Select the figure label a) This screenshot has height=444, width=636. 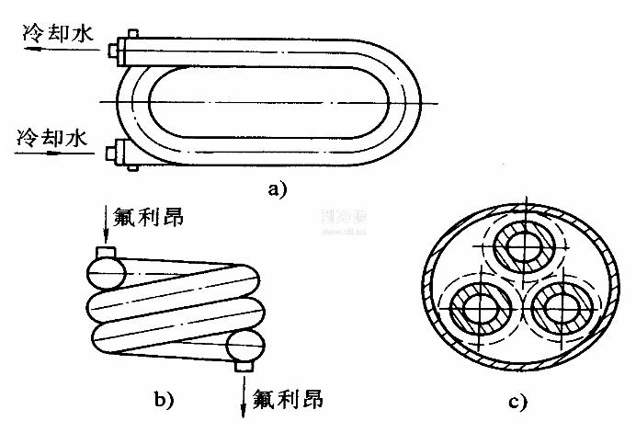[275, 190]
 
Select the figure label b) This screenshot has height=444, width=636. [163, 399]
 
